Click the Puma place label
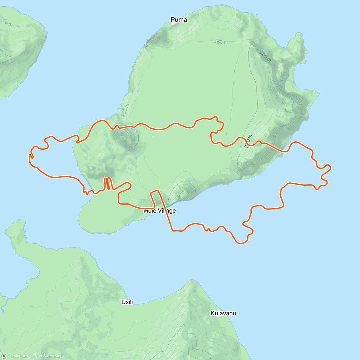point(179,20)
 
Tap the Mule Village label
point(160,211)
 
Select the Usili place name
point(127,302)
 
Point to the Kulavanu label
point(223,313)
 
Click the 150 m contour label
point(221,42)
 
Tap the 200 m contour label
point(265,56)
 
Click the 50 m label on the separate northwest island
point(7,22)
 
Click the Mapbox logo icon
point(4,356)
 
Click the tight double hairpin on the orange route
point(108,184)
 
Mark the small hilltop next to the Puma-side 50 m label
point(156,38)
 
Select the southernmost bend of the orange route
point(241,242)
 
